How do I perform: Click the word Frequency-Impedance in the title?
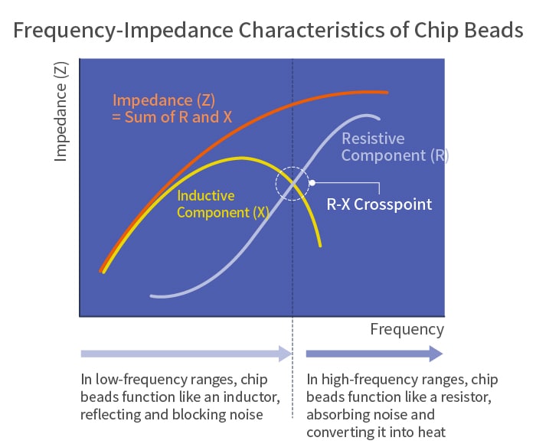pos(123,31)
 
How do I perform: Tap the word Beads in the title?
pos(494,30)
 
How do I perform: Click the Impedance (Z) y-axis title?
pos(60,112)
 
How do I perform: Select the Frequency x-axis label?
pos(407,330)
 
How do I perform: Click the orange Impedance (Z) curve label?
pos(164,100)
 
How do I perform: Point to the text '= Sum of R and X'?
pos(172,117)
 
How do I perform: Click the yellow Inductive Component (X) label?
pos(223,204)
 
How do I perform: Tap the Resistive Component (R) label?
pos(395,147)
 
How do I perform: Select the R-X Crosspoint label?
pos(379,204)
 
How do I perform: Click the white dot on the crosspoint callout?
pos(312,183)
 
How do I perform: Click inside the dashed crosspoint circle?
pos(293,183)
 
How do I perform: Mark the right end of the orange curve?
pos(387,93)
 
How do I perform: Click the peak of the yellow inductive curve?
pos(242,158)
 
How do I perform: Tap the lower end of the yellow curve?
pos(320,246)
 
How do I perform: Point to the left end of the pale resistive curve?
pos(152,296)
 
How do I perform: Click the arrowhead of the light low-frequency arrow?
pos(285,354)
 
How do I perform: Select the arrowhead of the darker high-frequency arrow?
pos(436,354)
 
